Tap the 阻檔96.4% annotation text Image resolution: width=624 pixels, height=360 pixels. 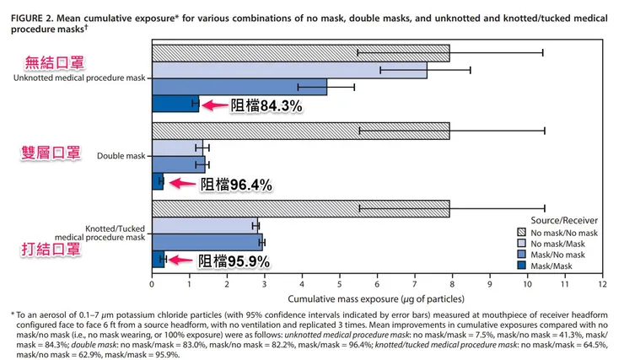point(235,183)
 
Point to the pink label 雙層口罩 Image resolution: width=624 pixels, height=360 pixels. point(51,153)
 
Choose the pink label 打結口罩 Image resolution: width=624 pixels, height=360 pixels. point(51,250)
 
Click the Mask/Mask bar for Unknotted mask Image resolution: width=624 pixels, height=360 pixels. point(175,105)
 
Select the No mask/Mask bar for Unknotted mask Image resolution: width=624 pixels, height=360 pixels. point(289,70)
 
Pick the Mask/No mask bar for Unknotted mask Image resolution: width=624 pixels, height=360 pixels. point(239,87)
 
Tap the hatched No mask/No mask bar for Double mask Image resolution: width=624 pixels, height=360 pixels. point(300,131)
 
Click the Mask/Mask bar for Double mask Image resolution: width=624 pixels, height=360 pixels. point(158,181)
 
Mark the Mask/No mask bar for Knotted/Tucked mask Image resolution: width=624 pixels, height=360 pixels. point(207,242)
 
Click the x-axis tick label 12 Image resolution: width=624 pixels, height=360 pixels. point(603,283)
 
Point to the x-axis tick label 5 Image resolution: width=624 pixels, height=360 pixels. point(340,283)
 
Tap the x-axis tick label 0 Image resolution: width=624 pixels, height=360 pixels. point(152,283)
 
